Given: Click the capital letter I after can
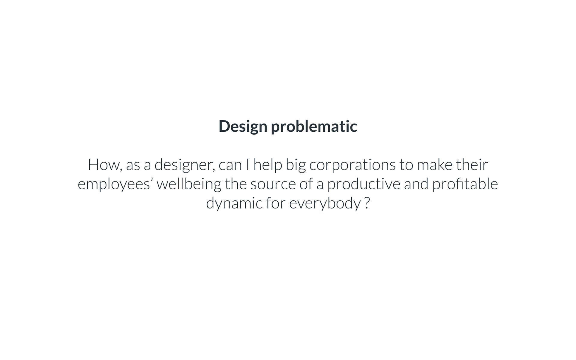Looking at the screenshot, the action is (247, 165).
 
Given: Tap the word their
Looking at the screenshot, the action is (472, 165).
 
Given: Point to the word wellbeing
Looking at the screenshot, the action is (189, 184).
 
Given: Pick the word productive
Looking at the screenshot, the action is (364, 184).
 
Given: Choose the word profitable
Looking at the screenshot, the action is (465, 184).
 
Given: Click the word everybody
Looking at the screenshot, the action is (325, 204).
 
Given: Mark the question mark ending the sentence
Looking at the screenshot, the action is (367, 203).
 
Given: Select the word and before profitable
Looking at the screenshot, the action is (416, 184).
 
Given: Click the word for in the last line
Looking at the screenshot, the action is (276, 203).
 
